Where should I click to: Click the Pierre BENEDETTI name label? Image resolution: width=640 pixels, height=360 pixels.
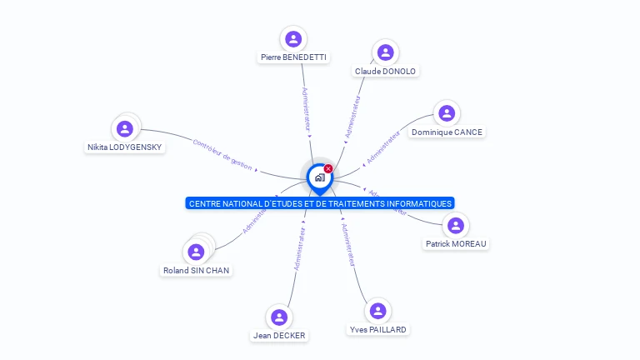[x=293, y=57]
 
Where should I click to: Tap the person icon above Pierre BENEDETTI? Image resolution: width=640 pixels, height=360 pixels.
[x=293, y=38]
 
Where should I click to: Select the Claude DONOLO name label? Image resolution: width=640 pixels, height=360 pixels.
[x=385, y=72]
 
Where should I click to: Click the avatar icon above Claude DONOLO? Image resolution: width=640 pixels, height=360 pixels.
[x=385, y=52]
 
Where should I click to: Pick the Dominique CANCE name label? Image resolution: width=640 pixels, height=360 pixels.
[x=447, y=132]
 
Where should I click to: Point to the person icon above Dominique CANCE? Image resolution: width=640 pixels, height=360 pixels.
[x=447, y=113]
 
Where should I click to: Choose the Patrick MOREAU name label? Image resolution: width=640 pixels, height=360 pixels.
[x=456, y=244]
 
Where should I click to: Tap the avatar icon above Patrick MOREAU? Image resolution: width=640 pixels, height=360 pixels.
[x=456, y=225]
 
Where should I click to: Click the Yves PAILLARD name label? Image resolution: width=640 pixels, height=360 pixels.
[x=378, y=330]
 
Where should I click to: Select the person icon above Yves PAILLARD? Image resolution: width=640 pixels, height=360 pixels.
[x=378, y=311]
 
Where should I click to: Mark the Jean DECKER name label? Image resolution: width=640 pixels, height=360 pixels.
[x=279, y=336]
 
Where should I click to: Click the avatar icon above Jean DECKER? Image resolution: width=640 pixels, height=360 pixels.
[x=279, y=317]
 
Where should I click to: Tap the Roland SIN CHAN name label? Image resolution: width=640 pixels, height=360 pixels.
[x=197, y=271]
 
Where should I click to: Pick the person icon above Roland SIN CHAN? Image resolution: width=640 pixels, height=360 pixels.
[x=197, y=252]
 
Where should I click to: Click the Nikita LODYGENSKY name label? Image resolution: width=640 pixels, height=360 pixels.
[x=125, y=147]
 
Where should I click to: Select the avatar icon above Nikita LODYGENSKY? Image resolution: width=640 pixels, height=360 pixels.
[x=125, y=128]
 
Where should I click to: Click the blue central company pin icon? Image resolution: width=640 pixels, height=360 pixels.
[x=319, y=177]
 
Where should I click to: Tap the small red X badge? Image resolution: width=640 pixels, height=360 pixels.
[x=328, y=168]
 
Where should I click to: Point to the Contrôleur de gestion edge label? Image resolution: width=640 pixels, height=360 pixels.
[x=222, y=155]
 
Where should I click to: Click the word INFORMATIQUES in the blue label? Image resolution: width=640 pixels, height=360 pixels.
[x=414, y=203]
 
